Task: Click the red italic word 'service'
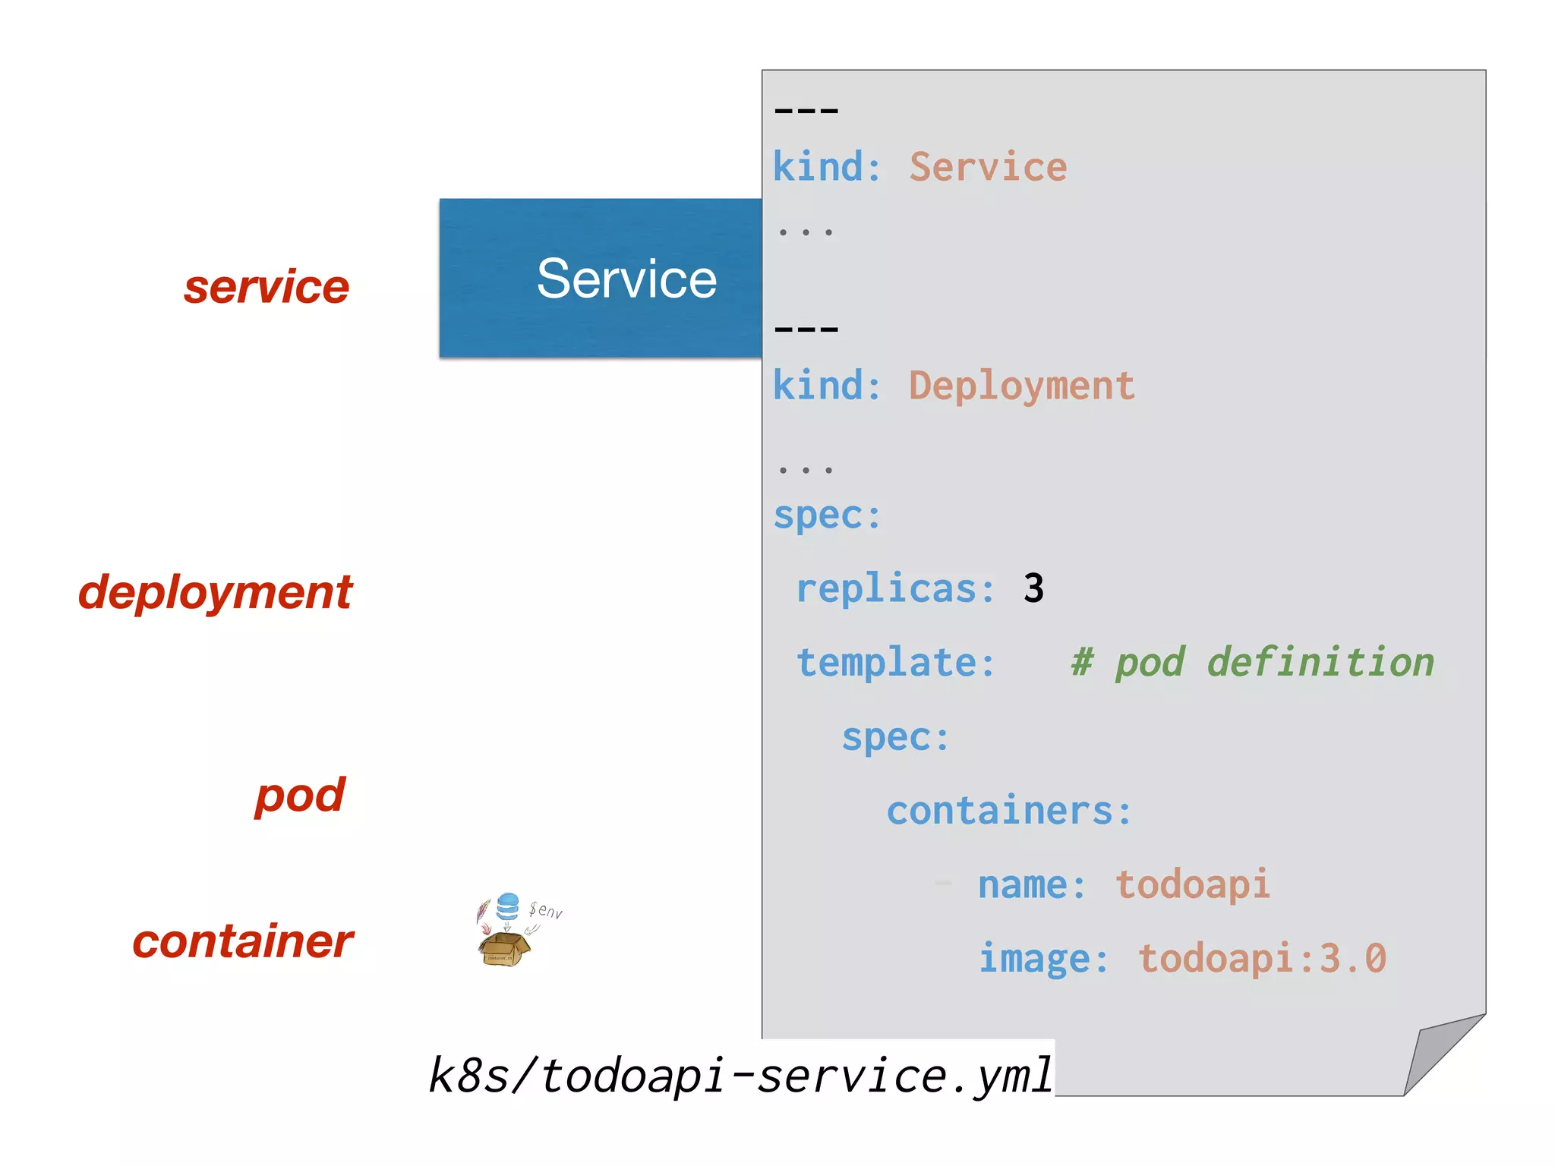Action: coord(267,287)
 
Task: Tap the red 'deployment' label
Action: coord(216,592)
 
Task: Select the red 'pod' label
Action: coord(300,796)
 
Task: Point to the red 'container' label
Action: coord(243,941)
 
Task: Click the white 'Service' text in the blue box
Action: coord(626,279)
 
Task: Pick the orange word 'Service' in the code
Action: coord(988,167)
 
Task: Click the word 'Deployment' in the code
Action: coord(1021,386)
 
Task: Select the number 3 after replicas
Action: coord(1033,588)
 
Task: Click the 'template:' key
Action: coord(895,663)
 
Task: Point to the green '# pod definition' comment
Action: coord(1252,663)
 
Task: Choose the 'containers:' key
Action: coord(1009,811)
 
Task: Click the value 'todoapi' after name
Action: coord(1192,884)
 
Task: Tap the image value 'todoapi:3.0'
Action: coord(1262,958)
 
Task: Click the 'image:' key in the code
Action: coord(1043,958)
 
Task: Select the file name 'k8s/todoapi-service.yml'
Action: coord(741,1075)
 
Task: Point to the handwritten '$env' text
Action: coord(546,910)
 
